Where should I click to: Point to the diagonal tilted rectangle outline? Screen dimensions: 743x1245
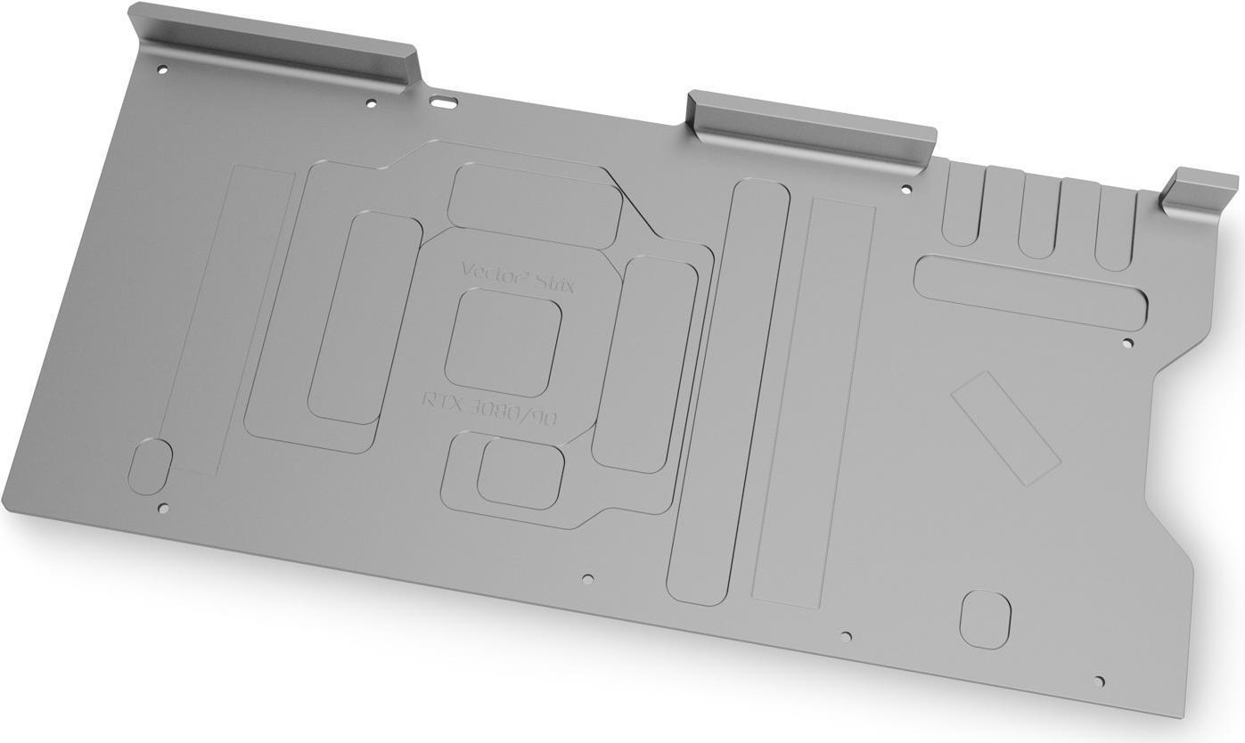(x=1005, y=428)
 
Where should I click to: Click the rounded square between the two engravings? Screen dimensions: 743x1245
(x=503, y=343)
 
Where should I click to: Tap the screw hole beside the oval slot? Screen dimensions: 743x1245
(x=372, y=103)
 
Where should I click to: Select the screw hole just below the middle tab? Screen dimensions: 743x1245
(x=906, y=189)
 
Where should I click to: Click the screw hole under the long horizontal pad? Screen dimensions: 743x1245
(x=1127, y=343)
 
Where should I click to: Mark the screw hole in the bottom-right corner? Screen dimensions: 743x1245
(x=1099, y=682)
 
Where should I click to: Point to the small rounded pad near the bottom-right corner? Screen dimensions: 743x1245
(x=985, y=619)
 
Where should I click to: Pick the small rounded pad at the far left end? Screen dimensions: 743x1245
(x=151, y=466)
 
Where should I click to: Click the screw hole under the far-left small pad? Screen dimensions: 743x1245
(x=162, y=509)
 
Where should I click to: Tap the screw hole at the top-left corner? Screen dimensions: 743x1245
(x=161, y=69)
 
